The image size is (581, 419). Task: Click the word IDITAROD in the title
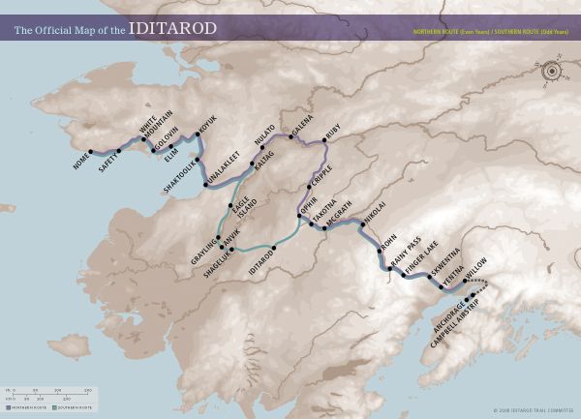point(172,28)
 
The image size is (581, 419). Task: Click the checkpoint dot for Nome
point(90,151)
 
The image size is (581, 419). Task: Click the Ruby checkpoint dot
point(324,141)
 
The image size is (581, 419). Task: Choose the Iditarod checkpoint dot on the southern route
point(274,248)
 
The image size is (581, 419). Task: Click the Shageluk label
point(217,265)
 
